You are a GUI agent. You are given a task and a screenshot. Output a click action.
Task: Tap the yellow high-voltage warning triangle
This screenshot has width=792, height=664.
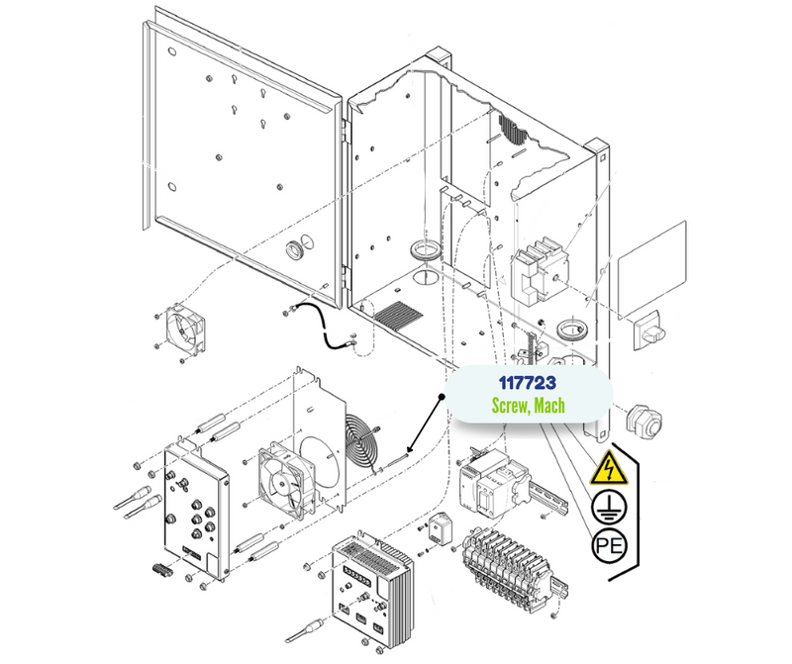(605, 469)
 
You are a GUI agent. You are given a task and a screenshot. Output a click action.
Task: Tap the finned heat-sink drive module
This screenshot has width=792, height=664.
(373, 584)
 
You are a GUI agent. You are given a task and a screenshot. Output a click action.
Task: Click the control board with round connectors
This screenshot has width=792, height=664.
(194, 513)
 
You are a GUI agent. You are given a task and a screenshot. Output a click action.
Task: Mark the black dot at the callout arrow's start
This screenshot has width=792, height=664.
(440, 395)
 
